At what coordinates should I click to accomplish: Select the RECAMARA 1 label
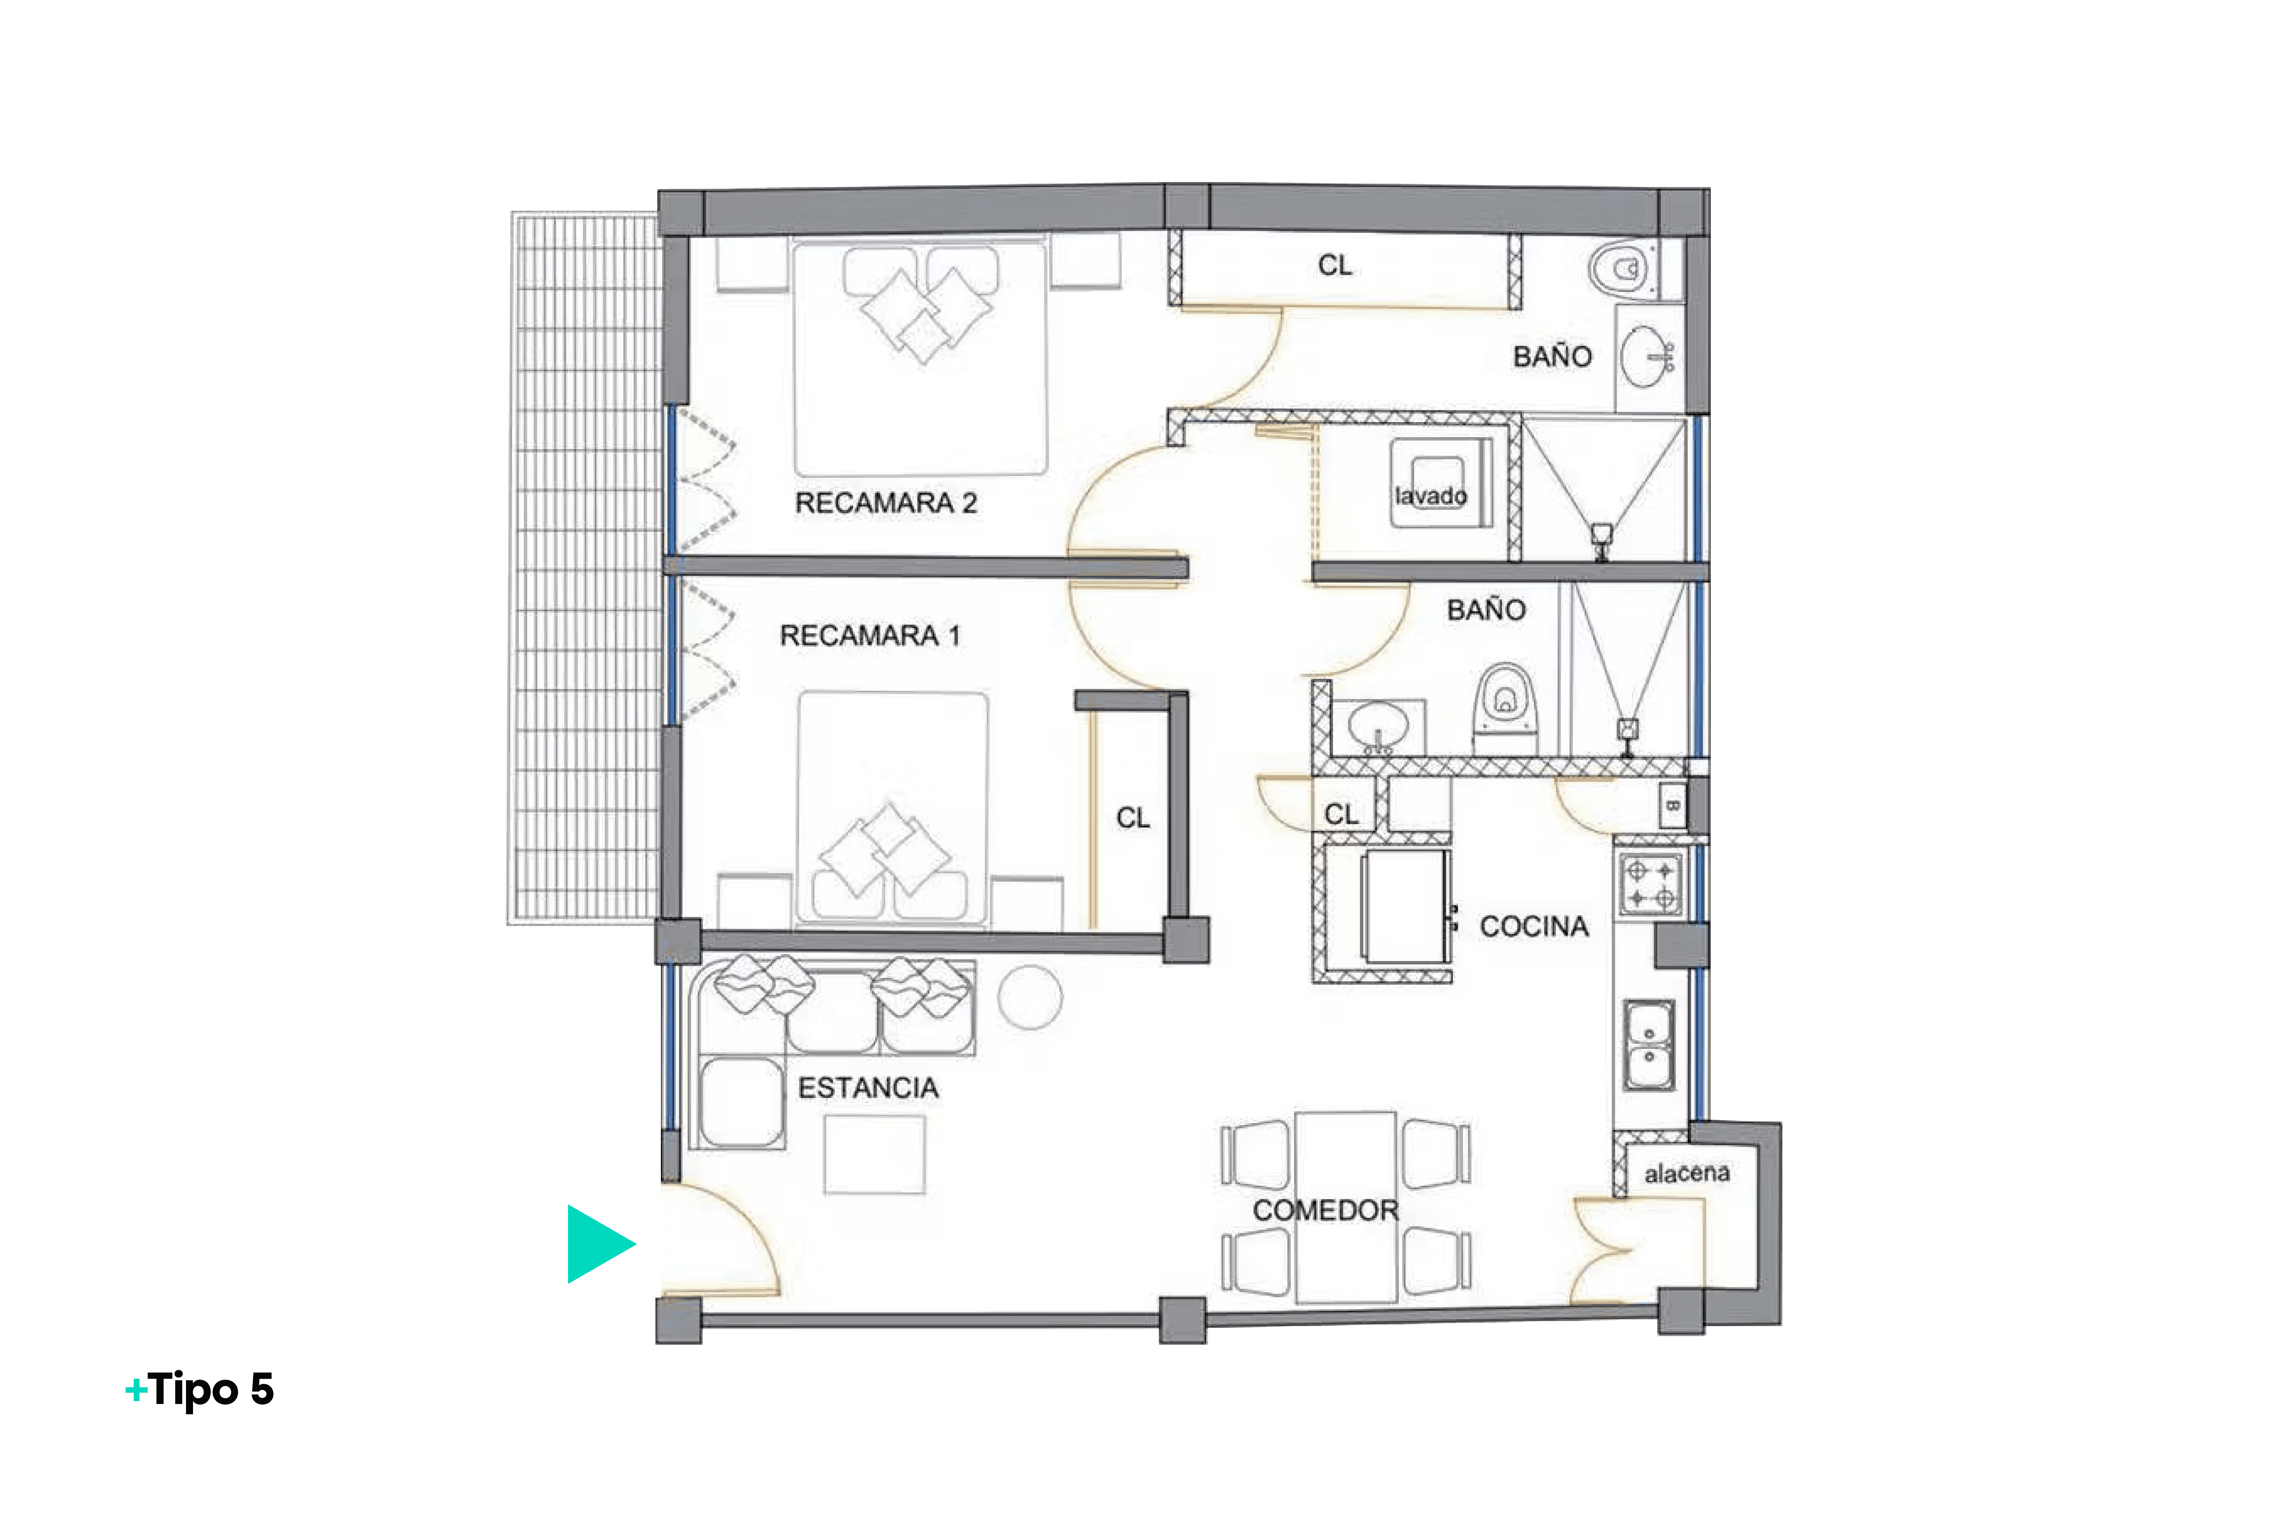coord(869,636)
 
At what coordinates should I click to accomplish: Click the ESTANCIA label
coord(867,1088)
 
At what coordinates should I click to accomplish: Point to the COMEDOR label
coord(1325,1211)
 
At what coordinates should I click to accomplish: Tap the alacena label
coord(1687,1174)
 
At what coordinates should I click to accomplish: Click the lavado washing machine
coord(1440,483)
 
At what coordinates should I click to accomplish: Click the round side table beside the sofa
coord(1030,997)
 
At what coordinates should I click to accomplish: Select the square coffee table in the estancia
coord(874,1155)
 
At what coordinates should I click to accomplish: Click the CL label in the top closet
coord(1335,265)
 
